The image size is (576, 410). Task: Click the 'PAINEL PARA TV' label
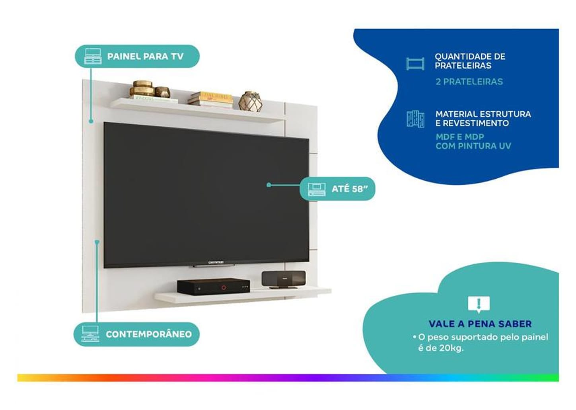coord(145,56)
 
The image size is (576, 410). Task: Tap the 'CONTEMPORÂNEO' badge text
coord(148,334)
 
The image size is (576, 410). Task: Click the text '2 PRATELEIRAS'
coord(469,82)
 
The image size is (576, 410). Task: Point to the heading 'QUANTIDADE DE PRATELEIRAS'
coord(469,61)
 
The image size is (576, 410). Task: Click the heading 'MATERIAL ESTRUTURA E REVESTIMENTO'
coord(483,119)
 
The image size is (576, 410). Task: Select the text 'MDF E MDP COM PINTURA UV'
coord(473,141)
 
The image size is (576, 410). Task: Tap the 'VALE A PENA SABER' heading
coord(480,324)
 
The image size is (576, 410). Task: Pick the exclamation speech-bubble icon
coord(479,305)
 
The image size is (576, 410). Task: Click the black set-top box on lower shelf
coord(213,286)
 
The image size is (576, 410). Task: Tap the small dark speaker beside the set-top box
coord(283,279)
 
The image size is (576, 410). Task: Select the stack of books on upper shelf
coord(210,100)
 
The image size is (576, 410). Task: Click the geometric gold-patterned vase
coord(251,101)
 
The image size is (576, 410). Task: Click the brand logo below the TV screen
coord(216,262)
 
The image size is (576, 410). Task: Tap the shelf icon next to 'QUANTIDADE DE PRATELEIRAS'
coord(415,64)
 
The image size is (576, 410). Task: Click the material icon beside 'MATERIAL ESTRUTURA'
coord(415,119)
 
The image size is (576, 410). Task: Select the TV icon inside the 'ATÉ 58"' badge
coord(317,189)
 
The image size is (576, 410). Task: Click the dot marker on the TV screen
coord(269,185)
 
